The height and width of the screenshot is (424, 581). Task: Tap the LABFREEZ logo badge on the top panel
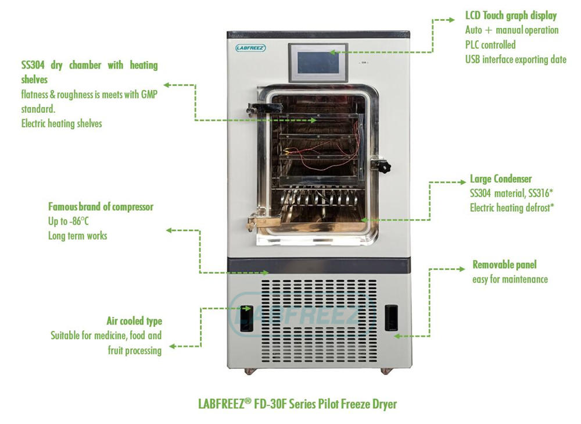(x=251, y=48)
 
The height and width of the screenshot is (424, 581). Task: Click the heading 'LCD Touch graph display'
(x=511, y=16)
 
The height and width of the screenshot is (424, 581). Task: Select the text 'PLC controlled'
(x=490, y=45)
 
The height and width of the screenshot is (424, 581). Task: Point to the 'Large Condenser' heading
(x=500, y=179)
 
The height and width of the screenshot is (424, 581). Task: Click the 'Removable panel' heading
(x=504, y=265)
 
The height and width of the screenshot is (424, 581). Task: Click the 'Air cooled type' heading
(x=134, y=321)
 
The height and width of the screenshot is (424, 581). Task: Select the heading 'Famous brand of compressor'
(x=101, y=206)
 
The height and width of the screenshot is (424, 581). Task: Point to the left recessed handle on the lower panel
(x=247, y=318)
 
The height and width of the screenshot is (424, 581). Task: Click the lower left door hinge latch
(x=257, y=222)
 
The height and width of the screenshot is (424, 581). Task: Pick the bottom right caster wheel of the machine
(x=386, y=370)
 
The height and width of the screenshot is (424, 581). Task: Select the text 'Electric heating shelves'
(x=62, y=123)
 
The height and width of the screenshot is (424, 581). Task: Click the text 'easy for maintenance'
(x=510, y=279)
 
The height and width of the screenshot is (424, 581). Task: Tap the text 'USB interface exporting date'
(x=515, y=59)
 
